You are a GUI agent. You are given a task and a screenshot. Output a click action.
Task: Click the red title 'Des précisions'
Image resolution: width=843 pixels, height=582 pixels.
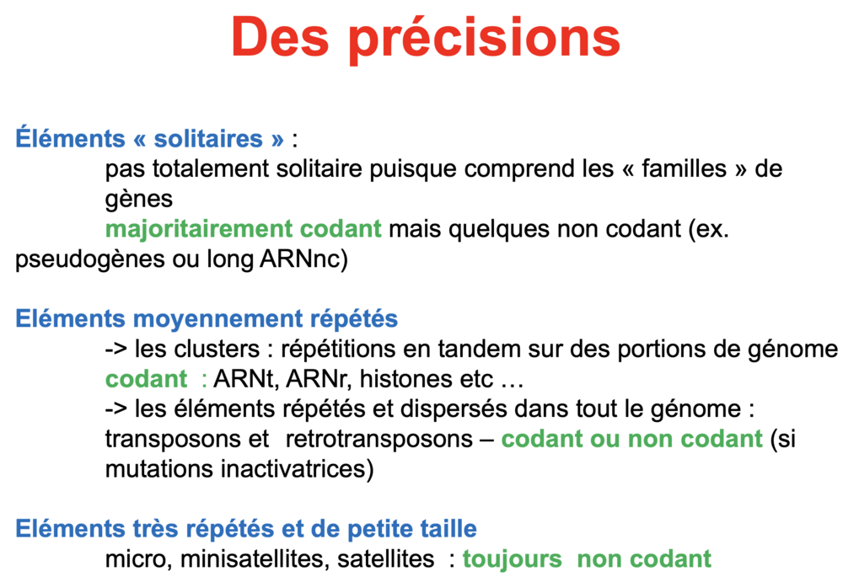click(x=426, y=38)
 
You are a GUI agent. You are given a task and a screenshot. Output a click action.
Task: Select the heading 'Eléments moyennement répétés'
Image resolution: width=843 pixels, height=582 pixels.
click(x=207, y=318)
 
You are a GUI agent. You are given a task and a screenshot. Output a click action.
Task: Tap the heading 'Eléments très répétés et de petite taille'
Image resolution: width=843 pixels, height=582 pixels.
click(x=245, y=528)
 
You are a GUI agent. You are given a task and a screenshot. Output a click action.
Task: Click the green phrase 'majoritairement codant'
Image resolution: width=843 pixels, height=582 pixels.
click(x=243, y=229)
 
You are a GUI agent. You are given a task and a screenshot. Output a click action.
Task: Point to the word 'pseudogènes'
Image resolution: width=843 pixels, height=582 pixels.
click(x=89, y=259)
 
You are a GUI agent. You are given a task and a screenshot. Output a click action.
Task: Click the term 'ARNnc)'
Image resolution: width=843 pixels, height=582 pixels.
click(x=303, y=259)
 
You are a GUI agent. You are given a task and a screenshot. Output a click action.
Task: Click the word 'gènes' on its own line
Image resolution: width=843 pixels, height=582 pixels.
click(x=139, y=200)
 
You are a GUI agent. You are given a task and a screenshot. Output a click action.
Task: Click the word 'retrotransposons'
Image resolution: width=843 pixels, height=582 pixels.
click(x=379, y=439)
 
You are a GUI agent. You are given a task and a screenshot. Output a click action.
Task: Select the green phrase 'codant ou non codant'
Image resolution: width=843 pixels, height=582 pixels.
click(x=631, y=439)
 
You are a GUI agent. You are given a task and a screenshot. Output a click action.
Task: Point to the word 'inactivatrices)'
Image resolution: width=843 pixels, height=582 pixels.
click(x=298, y=469)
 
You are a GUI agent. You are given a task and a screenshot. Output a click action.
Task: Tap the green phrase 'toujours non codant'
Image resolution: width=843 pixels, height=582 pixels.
click(x=587, y=559)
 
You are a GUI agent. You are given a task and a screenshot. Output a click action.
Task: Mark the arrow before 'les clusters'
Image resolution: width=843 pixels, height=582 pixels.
click(x=116, y=350)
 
